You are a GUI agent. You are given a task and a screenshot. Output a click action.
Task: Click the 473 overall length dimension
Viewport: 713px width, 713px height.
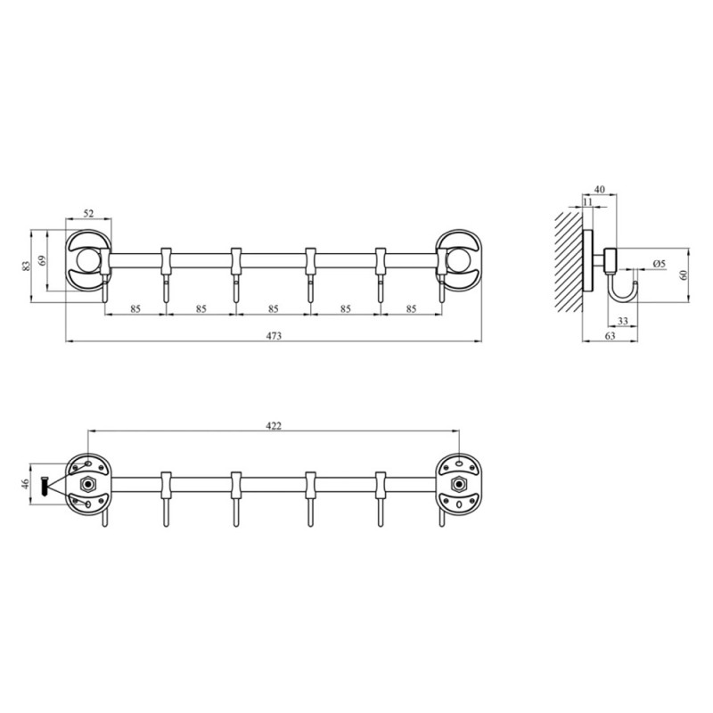(274, 336)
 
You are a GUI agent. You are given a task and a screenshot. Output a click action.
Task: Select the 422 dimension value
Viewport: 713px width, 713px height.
(274, 426)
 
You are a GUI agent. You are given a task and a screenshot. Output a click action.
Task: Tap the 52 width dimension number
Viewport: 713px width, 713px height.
(88, 213)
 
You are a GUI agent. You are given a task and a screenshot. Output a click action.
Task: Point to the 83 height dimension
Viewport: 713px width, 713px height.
(26, 266)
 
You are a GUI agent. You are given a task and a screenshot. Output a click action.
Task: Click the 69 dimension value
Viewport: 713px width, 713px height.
(42, 260)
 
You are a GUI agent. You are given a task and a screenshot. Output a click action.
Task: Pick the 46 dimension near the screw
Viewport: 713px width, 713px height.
(25, 484)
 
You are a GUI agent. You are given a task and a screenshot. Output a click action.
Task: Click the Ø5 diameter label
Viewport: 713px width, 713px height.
(659, 264)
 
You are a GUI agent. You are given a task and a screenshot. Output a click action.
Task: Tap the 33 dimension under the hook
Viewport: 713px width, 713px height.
(622, 321)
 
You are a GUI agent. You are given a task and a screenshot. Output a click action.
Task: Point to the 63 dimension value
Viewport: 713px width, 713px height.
(610, 336)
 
